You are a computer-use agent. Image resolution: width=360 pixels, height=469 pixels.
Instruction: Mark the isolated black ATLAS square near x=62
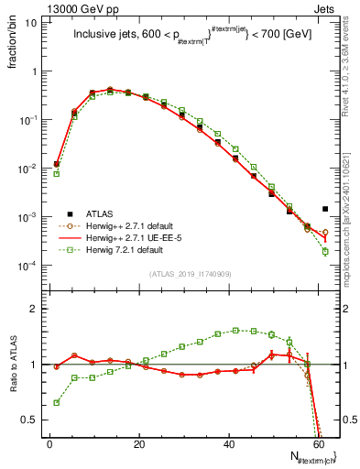(x=325, y=209)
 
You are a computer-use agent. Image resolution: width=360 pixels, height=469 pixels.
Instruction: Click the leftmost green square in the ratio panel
(x=56, y=402)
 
